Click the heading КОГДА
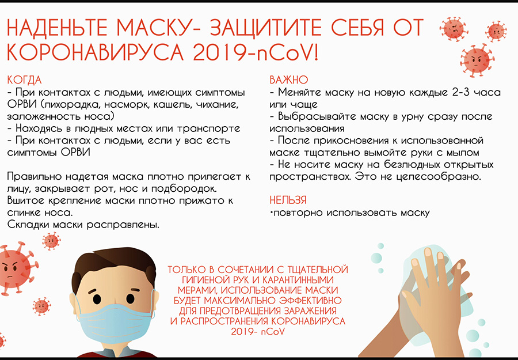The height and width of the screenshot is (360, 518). click(x=24, y=80)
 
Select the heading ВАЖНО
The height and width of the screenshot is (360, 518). click(x=289, y=80)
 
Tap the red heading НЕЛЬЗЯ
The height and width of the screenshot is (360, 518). click(x=288, y=200)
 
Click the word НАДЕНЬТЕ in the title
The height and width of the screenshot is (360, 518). click(x=57, y=28)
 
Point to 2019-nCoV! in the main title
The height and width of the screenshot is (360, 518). click(x=256, y=52)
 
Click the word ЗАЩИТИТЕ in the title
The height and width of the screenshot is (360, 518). click(x=266, y=28)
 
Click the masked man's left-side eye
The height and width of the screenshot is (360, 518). click(x=97, y=299)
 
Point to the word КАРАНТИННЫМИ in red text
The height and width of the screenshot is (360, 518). click(x=298, y=280)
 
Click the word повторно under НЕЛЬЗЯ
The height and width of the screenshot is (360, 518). click(x=298, y=213)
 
